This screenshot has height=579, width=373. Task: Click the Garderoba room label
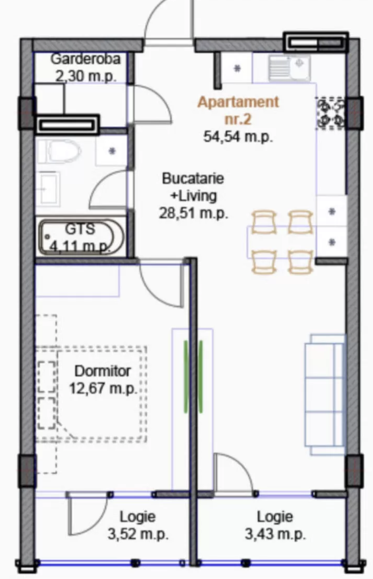(x=85, y=59)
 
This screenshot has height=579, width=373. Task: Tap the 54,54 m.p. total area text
(x=238, y=136)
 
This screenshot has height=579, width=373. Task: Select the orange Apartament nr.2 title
(x=238, y=110)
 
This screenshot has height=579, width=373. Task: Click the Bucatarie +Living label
(x=193, y=187)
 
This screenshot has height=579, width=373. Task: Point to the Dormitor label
(x=103, y=371)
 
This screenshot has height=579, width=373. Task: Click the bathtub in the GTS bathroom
(x=81, y=237)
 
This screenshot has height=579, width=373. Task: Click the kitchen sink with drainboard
(x=289, y=68)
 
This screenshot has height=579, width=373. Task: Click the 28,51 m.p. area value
(x=193, y=213)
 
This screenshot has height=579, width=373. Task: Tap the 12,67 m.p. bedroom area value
(x=103, y=388)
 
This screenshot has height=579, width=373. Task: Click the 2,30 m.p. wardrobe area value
(x=86, y=76)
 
